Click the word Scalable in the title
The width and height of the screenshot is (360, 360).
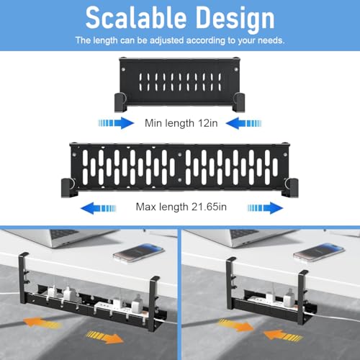(x=136, y=18)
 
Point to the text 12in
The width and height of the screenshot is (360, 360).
(x=208, y=123)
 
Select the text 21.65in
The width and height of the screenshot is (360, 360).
(x=209, y=207)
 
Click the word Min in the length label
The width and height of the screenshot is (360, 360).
(x=153, y=123)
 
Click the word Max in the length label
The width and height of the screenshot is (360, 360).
(x=146, y=207)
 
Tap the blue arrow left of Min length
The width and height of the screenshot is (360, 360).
(x=116, y=123)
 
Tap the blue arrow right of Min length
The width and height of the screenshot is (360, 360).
(x=243, y=123)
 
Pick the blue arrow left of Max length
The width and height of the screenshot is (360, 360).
(x=98, y=208)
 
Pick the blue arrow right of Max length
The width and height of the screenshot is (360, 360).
(x=265, y=208)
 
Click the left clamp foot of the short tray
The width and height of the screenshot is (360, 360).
(x=120, y=102)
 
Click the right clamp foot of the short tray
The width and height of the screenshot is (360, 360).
(x=239, y=102)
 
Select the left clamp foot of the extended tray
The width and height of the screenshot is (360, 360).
(x=68, y=188)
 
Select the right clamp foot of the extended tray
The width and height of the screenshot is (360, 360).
(x=292, y=188)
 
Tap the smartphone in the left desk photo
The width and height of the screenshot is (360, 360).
(x=139, y=253)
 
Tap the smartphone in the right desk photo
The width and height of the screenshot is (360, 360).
(x=319, y=253)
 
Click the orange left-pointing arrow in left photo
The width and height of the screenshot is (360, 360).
(x=42, y=323)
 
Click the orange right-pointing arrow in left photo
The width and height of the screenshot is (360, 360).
(x=105, y=337)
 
